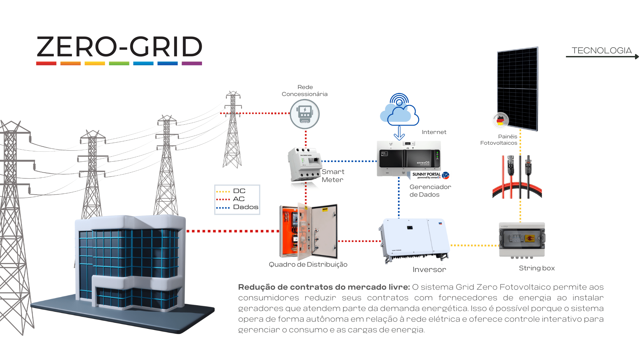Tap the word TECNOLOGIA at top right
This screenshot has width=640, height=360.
coord(601,51)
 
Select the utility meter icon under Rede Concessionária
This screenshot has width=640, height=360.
coord(304,114)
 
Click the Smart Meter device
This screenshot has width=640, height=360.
coord(304,165)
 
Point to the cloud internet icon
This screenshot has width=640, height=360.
coord(399,112)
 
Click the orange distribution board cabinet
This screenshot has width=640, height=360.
coord(308,232)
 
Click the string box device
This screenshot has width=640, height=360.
coord(522,239)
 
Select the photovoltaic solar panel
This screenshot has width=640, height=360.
coord(518,88)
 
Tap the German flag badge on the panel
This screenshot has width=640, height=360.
coord(500,120)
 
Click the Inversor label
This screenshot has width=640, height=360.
coord(429,270)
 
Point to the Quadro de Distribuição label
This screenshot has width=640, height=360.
coord(308,265)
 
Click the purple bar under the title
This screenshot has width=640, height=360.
coord(192,63)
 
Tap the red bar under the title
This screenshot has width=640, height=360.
coord(46,63)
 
